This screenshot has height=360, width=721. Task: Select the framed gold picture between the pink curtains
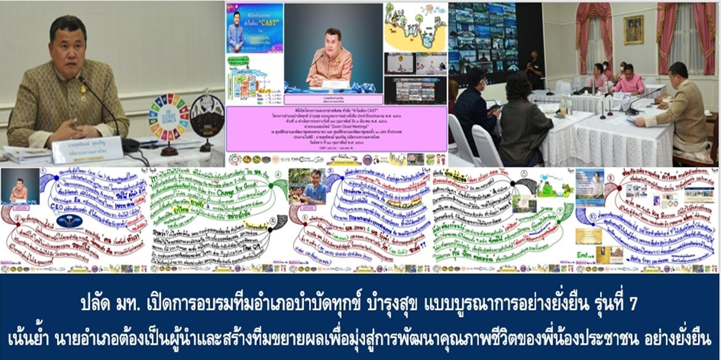633,30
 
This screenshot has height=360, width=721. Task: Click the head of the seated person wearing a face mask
597,68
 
